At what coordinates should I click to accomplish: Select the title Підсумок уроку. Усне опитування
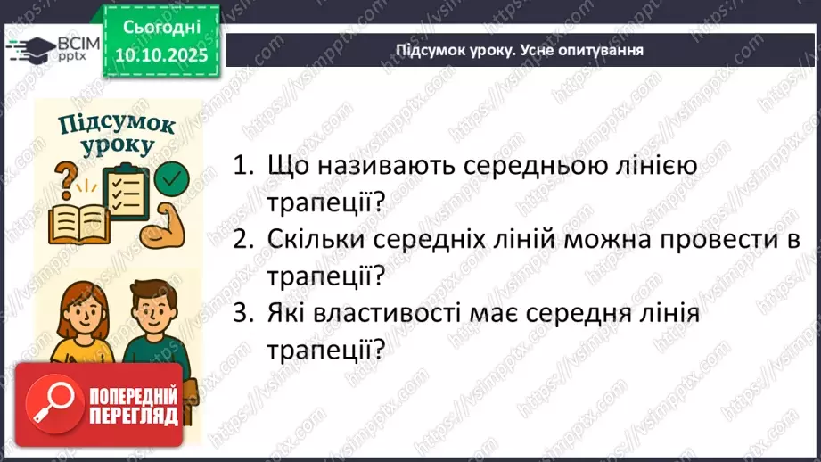(x=519, y=50)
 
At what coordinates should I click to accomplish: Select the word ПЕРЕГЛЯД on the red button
(x=130, y=416)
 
